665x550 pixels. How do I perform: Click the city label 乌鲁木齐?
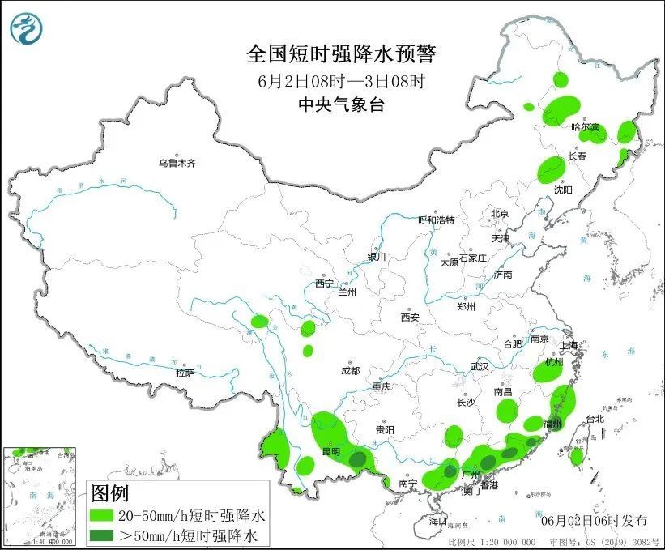click(177, 163)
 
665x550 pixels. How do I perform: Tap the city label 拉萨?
click(185, 373)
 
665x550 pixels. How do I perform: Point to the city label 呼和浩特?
click(436, 220)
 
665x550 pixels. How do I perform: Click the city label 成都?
click(350, 370)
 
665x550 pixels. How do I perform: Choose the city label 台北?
click(595, 419)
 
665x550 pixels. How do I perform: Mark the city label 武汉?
click(480, 366)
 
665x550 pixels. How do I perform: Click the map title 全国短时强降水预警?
click(341, 54)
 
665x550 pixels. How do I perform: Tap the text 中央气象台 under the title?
click(341, 104)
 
